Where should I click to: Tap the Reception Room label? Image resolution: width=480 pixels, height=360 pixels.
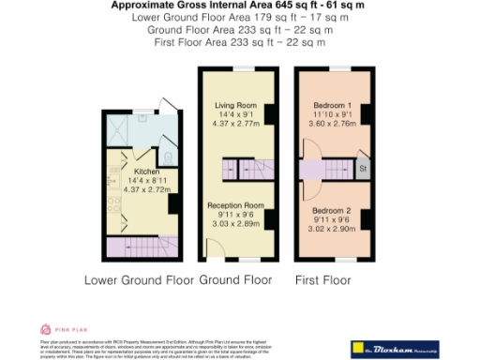point(235,204)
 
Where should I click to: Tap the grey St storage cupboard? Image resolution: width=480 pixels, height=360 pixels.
point(362,170)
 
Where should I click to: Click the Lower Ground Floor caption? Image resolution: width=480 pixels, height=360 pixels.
point(140,280)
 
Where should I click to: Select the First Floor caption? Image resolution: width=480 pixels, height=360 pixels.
point(322,280)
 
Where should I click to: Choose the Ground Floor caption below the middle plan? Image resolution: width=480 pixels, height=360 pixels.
point(236,280)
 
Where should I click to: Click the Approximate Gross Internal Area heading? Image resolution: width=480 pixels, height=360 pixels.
point(239,6)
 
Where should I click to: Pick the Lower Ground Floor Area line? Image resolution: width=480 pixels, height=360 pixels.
point(239,17)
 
